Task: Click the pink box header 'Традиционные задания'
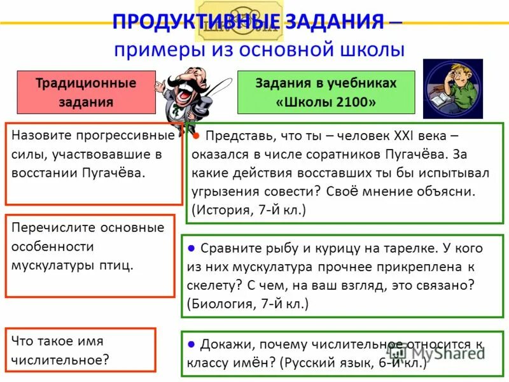(x=86, y=92)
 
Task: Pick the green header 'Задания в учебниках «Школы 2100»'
(x=326, y=92)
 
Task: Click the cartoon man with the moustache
(x=192, y=95)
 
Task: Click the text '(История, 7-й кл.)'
(x=248, y=209)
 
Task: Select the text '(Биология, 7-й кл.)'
(x=248, y=304)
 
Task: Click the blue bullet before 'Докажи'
(x=191, y=344)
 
